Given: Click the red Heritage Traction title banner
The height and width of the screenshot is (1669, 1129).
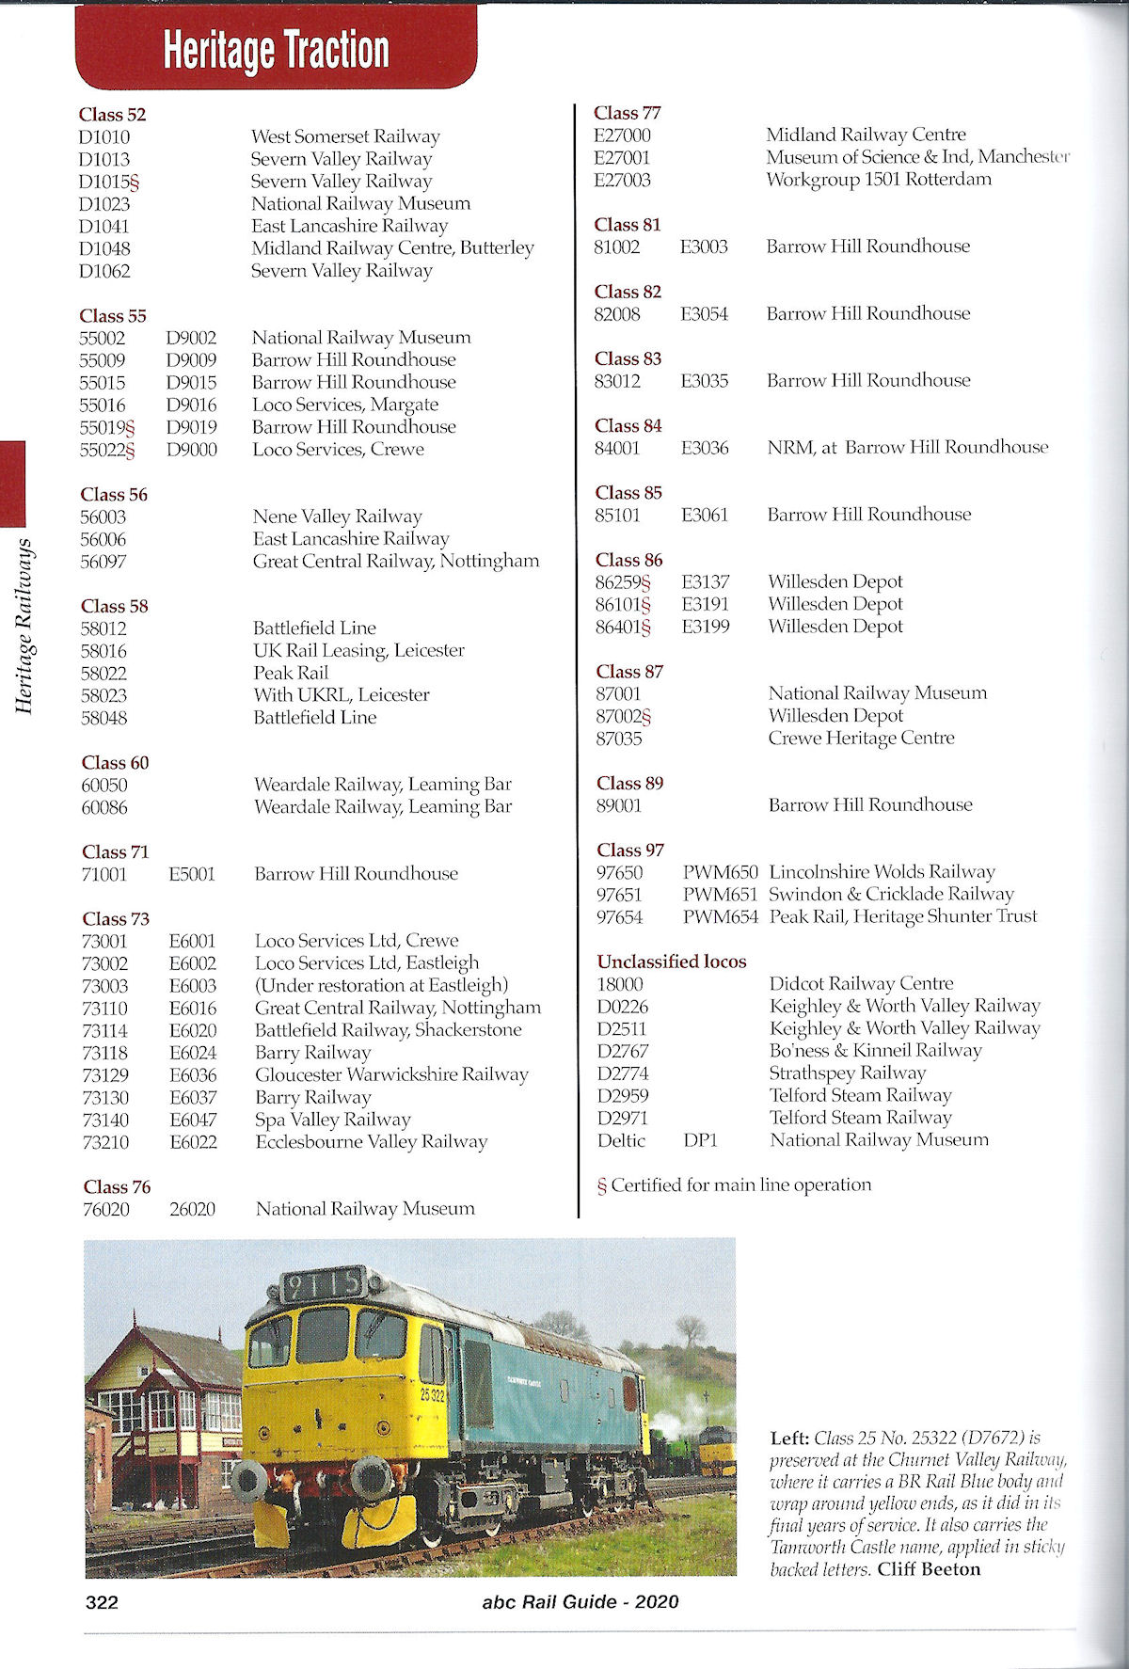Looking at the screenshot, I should (x=276, y=49).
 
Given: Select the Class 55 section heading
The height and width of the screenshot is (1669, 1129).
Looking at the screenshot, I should (x=113, y=315).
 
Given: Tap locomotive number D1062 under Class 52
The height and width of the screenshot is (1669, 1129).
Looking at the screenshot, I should (x=104, y=271).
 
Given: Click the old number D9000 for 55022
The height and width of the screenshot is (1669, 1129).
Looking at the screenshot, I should (x=192, y=450).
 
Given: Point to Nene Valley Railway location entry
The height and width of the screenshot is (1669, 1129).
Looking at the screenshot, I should (x=337, y=517).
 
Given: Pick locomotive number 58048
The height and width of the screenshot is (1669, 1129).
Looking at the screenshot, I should (x=103, y=718).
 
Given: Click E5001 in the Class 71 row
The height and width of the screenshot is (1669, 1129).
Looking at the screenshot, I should (x=192, y=874).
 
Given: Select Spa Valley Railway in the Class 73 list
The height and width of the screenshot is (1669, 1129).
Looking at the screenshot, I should (x=333, y=1120).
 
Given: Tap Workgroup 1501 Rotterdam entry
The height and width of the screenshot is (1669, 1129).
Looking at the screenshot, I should (x=878, y=179).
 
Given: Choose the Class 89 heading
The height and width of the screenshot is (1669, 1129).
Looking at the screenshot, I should (x=629, y=783).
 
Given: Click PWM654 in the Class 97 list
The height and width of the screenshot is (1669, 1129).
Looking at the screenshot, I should (x=720, y=916).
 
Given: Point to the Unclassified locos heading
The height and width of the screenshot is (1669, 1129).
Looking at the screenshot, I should (x=671, y=962).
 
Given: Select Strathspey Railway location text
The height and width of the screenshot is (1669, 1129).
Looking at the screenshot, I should (x=847, y=1073).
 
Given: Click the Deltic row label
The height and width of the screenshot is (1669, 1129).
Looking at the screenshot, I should (x=621, y=1140).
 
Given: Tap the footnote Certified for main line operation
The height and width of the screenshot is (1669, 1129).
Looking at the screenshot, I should (x=740, y=1185).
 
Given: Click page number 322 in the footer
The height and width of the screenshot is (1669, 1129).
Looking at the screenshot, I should (x=102, y=1602).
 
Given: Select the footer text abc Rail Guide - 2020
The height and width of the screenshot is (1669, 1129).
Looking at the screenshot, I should (x=580, y=1602).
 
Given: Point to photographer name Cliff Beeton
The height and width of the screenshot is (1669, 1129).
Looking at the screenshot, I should (x=929, y=1569).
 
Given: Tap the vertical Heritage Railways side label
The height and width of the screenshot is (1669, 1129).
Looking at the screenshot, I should (x=24, y=627).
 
